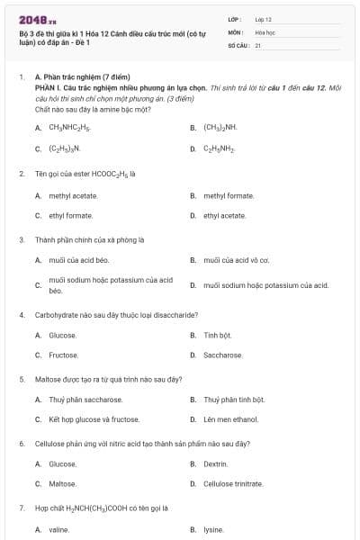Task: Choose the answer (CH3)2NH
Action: (220, 128)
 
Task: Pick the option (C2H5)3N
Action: (65, 148)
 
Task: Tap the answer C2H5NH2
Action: (220, 148)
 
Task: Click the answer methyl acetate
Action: (74, 195)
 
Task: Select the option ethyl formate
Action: (72, 216)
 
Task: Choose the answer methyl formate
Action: (229, 195)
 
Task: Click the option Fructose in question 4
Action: (63, 355)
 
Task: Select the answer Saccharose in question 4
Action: (223, 355)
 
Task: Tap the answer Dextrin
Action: (216, 463)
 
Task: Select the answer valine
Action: (59, 530)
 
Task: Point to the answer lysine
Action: (213, 530)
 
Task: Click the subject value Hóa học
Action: (265, 31)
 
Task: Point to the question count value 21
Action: (258, 44)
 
